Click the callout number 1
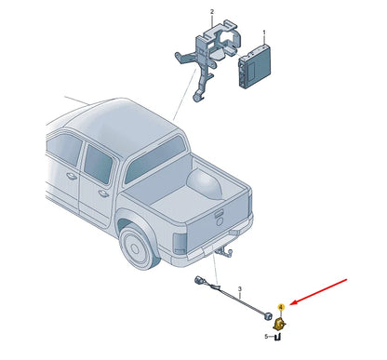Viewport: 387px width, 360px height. pyautogui.click(x=264, y=33)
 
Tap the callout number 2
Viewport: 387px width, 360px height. pyautogui.click(x=212, y=12)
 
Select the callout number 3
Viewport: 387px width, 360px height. pyautogui.click(x=240, y=289)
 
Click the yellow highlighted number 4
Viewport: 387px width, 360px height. pyautogui.click(x=281, y=307)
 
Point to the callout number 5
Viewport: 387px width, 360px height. pyautogui.click(x=266, y=337)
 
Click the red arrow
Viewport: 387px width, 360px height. pyautogui.click(x=319, y=291)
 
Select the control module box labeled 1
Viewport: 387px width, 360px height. pyautogui.click(x=255, y=66)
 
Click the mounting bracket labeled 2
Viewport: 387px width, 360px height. pyautogui.click(x=207, y=58)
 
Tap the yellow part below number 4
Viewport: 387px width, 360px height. pyautogui.click(x=279, y=324)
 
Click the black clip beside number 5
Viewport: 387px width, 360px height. pyautogui.click(x=278, y=337)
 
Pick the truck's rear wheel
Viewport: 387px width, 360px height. pyautogui.click(x=138, y=247)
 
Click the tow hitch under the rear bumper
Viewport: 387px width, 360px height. pyautogui.click(x=225, y=252)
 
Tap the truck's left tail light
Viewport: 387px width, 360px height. pyautogui.click(x=180, y=243)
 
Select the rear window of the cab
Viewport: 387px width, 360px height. pyautogui.click(x=155, y=160)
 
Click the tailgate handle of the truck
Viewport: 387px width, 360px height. pyautogui.click(x=220, y=214)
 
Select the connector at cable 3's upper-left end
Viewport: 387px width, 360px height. pyautogui.click(x=198, y=281)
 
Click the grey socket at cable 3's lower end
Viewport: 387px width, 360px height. pyautogui.click(x=267, y=316)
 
